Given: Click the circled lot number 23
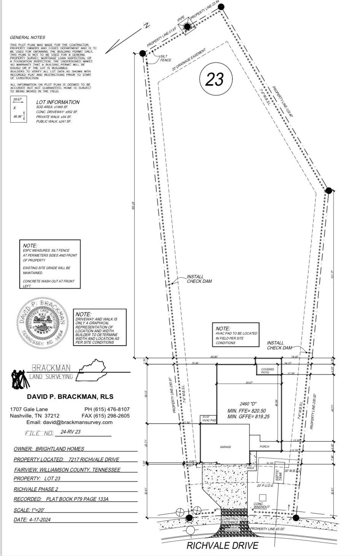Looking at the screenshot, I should pos(214,79).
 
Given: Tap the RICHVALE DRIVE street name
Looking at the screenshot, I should pos(222,545).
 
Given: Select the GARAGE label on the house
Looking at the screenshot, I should pos(225,447).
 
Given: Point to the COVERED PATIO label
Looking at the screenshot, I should pos(268,371).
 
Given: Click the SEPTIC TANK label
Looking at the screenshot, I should pos(279,474).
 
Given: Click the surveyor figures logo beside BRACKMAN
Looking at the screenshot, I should pos(19,378).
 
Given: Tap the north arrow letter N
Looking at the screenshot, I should pos(146,26).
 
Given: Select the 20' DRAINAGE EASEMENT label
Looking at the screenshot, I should pos(189,60).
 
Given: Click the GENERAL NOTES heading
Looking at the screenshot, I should pos(27,37).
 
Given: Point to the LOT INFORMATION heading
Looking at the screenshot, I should pos(58,102).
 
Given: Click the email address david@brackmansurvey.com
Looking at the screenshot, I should pos(70,422).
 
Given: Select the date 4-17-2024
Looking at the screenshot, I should pos(39,519).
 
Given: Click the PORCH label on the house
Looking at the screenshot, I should pos(264,446).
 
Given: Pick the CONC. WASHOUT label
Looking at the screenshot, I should pos(261,505).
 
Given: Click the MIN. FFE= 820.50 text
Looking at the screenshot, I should pos(247,411).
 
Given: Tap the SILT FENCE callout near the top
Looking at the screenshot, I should pos(166,58).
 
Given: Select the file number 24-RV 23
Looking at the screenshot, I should pos(70,432).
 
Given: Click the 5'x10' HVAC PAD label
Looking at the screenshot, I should pos(209,419).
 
